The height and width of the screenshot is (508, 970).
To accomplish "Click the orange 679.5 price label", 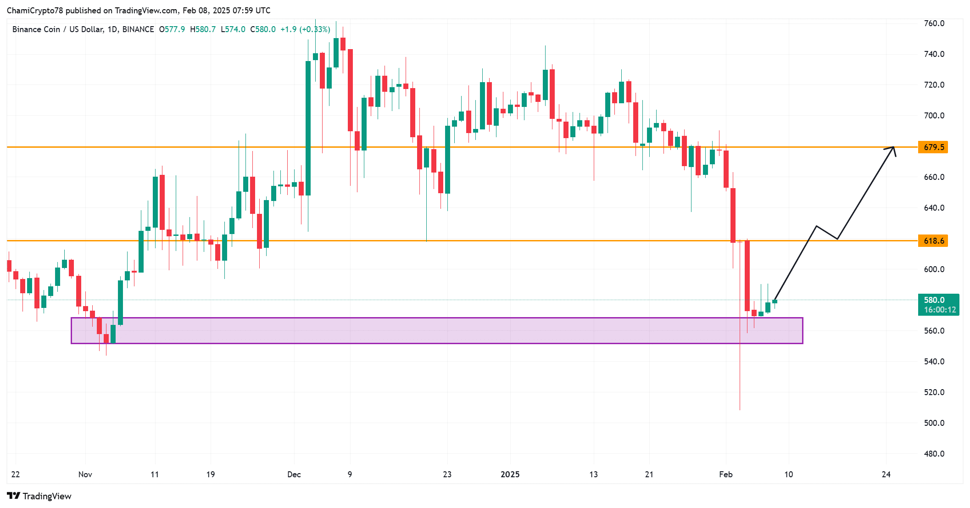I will click(933, 147).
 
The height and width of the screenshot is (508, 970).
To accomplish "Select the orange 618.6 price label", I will click(933, 241).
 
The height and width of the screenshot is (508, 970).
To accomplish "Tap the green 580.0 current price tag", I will click(938, 304).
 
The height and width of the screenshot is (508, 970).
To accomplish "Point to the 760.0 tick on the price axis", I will click(934, 23).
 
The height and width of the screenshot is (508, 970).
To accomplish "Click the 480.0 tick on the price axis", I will click(934, 454).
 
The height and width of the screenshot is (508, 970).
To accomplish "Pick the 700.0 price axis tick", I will click(934, 116).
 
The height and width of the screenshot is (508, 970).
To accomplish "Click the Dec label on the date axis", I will click(294, 475).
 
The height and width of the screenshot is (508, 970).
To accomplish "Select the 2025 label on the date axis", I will click(510, 475).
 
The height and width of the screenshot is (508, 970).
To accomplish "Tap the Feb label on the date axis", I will click(725, 475).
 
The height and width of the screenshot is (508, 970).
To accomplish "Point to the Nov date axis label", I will click(85, 475).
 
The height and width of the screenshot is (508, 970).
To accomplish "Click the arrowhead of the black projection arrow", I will click(892, 148).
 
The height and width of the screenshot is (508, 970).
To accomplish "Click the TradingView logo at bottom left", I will click(39, 496).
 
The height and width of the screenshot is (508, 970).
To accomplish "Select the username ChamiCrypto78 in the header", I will click(35, 11).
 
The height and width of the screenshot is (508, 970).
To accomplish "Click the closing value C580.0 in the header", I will click(263, 29).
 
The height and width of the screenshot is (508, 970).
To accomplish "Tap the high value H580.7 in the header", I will click(203, 29).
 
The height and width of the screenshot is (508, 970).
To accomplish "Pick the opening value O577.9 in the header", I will click(172, 29).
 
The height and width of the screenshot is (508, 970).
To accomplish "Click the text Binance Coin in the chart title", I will click(36, 29).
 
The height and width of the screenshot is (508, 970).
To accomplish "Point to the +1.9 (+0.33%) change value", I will click(305, 29).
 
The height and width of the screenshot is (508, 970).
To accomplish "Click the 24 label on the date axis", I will click(886, 475).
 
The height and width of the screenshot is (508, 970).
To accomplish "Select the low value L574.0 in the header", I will click(233, 29).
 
